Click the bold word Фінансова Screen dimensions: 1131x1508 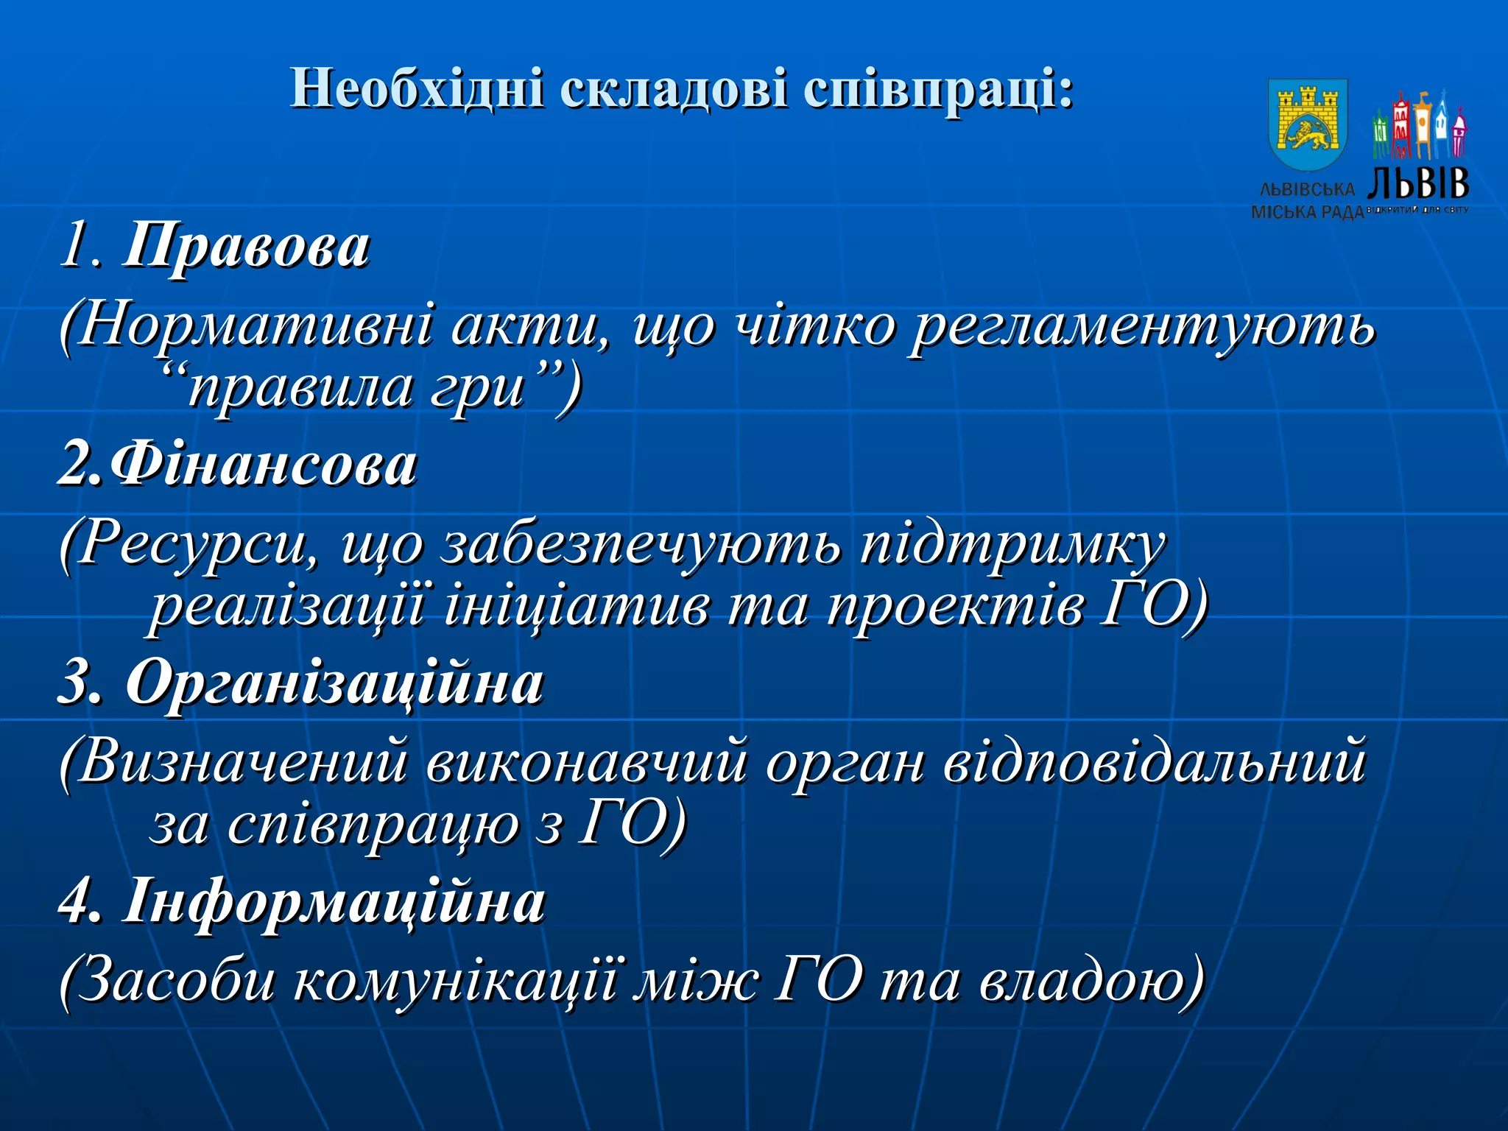coord(265,465)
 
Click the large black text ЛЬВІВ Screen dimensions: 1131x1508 coord(1418,183)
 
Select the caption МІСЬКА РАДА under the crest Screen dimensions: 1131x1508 coord(1307,213)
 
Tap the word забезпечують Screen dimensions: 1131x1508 coord(641,545)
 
